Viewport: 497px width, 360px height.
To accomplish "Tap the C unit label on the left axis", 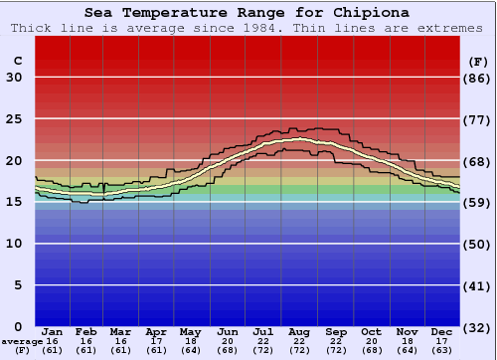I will tap(18, 61).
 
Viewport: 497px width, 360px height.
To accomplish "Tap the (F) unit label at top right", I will tap(477, 61).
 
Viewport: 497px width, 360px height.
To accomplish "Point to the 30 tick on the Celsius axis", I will tap(14, 78).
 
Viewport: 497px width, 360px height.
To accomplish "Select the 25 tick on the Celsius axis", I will tap(14, 119).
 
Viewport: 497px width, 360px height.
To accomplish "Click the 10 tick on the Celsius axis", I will tap(14, 244).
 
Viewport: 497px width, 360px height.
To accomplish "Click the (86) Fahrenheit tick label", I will tap(477, 78).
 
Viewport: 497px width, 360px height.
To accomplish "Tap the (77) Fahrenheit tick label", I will tap(477, 119).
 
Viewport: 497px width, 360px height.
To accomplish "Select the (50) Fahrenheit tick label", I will tap(477, 244).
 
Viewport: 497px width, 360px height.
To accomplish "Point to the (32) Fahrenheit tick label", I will tap(477, 326).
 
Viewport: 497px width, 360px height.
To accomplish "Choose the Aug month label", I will tap(299, 331).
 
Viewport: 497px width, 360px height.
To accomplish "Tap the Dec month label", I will tap(441, 331).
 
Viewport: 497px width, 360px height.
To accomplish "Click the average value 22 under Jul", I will tap(263, 341).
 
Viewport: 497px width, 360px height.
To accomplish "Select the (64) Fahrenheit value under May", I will tap(192, 350).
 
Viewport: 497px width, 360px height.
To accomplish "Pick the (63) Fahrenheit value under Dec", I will tap(441, 350).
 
